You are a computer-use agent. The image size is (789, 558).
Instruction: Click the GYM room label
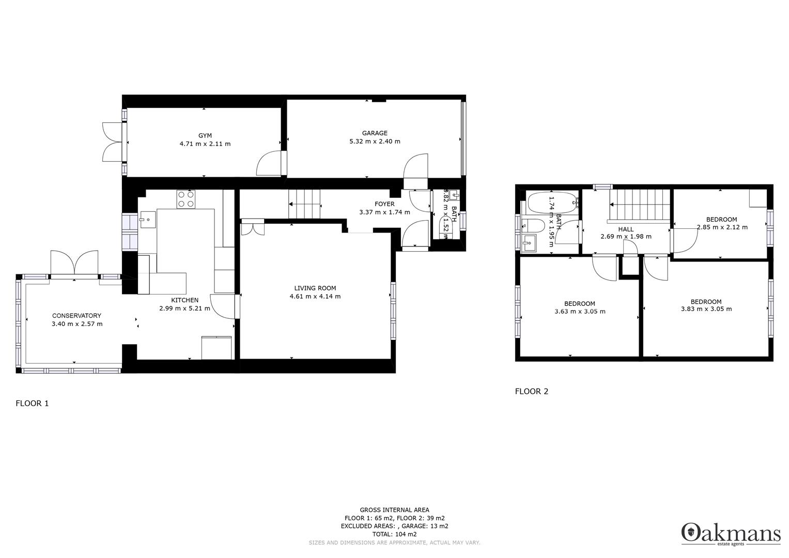click(x=205, y=135)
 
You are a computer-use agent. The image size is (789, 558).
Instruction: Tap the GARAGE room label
click(x=375, y=133)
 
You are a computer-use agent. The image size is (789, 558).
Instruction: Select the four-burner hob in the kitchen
click(x=185, y=199)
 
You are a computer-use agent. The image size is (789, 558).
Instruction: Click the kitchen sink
click(x=148, y=220)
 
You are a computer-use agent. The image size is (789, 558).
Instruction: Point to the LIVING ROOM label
click(x=315, y=288)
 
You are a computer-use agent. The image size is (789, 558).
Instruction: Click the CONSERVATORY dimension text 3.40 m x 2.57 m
click(x=77, y=324)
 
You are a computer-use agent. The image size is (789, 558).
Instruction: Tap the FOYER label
click(x=384, y=204)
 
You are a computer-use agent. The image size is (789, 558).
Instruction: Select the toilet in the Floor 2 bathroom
click(x=533, y=226)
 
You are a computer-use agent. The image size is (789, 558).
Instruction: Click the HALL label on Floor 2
click(x=626, y=229)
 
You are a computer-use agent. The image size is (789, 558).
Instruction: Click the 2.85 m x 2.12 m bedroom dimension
click(x=722, y=227)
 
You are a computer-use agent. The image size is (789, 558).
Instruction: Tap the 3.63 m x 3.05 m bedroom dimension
click(x=580, y=312)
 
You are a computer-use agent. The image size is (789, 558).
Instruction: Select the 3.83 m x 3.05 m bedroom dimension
click(x=706, y=309)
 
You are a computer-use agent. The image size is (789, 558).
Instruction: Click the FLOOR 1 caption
click(x=32, y=404)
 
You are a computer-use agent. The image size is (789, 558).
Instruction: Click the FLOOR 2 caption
click(x=532, y=392)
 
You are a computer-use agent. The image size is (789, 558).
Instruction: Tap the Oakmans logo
click(x=731, y=534)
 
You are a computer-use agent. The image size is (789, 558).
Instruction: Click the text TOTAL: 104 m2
click(x=395, y=534)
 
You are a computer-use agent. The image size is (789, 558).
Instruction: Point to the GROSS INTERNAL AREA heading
click(x=395, y=510)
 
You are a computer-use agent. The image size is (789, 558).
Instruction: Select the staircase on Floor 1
click(x=304, y=204)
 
